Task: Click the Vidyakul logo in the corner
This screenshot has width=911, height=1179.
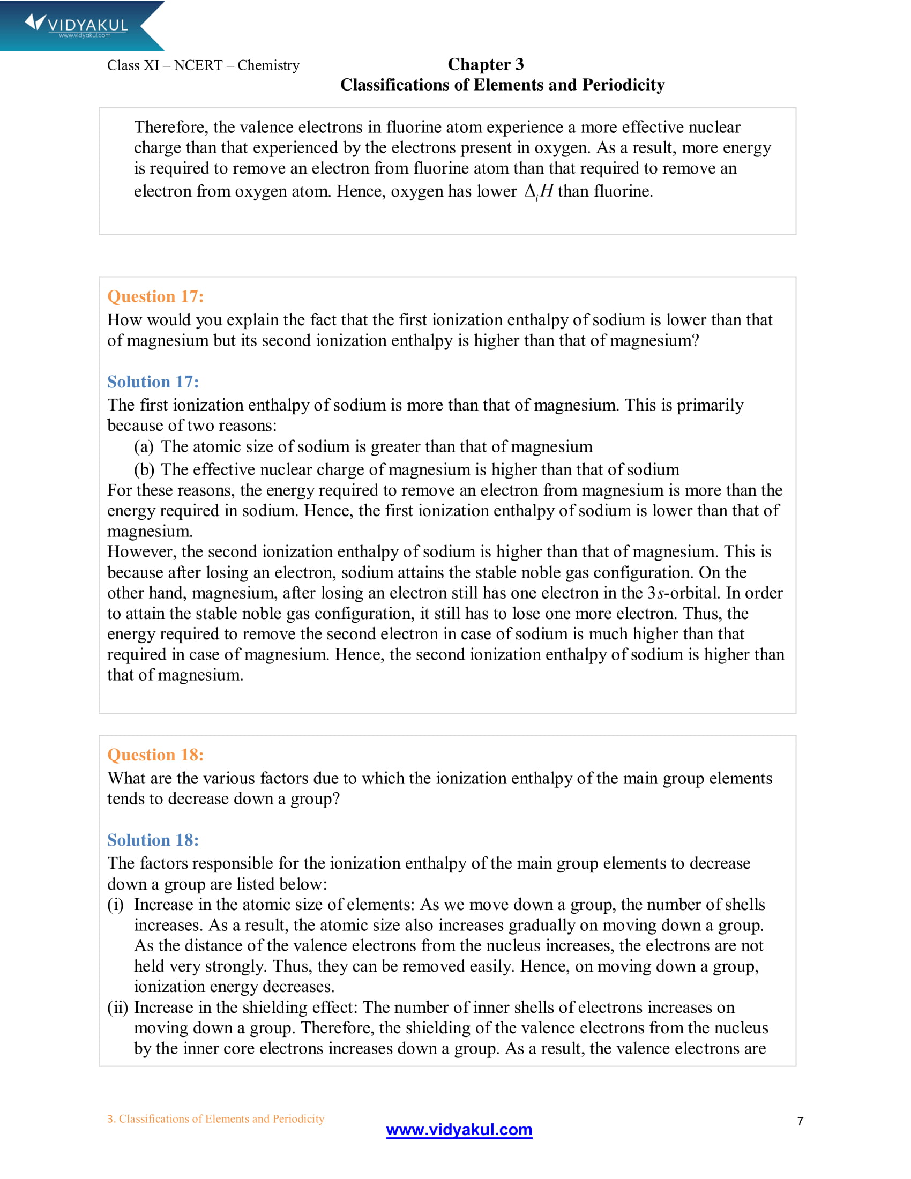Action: tap(76, 25)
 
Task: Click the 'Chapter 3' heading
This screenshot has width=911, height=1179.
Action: tap(485, 64)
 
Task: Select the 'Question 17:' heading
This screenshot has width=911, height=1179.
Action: tap(155, 296)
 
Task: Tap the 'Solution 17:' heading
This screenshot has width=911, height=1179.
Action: tap(153, 382)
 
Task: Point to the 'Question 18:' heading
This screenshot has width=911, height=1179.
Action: tap(155, 755)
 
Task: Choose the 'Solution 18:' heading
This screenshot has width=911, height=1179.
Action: tap(153, 840)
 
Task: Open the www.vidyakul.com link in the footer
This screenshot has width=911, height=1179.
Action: tap(459, 1129)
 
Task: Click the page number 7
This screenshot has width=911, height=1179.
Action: tap(800, 1121)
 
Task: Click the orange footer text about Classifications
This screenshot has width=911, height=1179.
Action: tap(215, 1118)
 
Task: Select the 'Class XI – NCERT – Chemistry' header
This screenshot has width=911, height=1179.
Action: tap(203, 65)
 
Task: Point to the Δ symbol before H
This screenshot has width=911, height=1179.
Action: tap(530, 191)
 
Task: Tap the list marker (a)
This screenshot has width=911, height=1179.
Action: tap(144, 446)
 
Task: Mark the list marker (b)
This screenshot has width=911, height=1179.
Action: tap(144, 469)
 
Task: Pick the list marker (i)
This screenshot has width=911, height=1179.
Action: tap(116, 904)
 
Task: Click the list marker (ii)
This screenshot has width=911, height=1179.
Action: tap(118, 1008)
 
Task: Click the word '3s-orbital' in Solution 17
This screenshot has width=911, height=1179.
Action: tap(684, 593)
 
